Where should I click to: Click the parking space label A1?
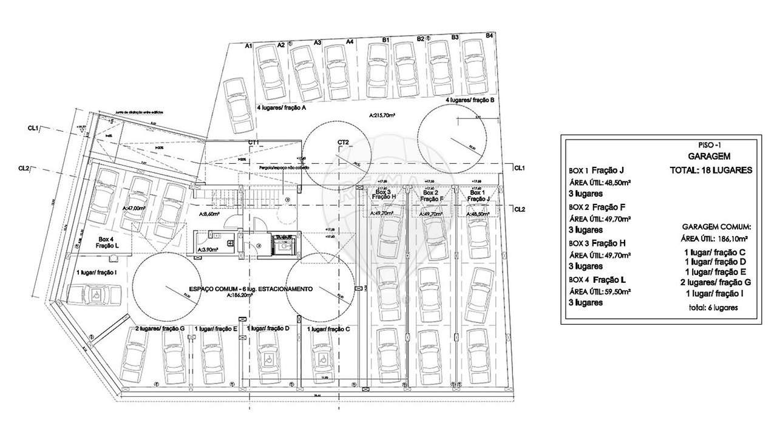click(248, 46)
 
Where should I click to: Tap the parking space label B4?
click(489, 36)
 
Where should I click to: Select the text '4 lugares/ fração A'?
click(280, 107)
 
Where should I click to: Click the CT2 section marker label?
click(344, 142)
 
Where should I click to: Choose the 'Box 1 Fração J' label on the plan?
click(480, 195)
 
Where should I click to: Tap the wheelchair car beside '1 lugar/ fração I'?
click(97, 297)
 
